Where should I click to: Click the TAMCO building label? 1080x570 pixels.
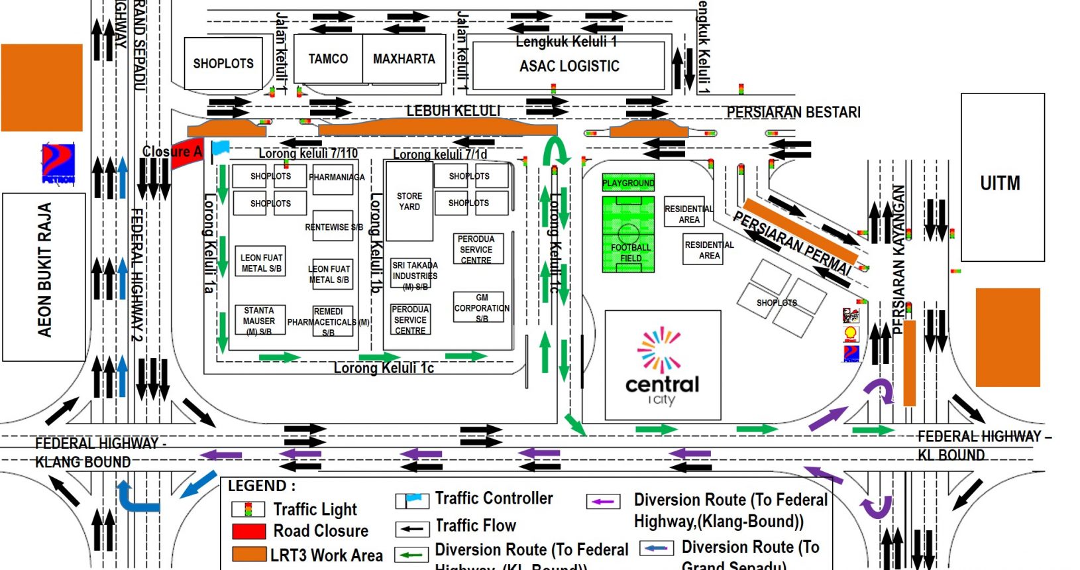tap(328, 59)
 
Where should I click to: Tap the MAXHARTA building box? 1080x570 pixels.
tap(404, 59)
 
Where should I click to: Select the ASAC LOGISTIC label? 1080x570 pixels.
tap(569, 66)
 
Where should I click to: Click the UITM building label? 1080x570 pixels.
tap(1000, 183)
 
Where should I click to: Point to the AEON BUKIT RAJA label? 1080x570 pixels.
tap(44, 270)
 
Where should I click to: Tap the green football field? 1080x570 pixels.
tap(628, 234)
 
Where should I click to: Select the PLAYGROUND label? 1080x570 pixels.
tap(628, 183)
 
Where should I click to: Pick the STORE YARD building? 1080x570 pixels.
tap(409, 201)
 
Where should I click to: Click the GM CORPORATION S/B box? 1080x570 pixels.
tap(482, 308)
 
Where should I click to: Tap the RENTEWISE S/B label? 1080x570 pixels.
tap(333, 227)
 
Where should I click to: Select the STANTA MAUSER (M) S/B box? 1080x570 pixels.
tap(259, 320)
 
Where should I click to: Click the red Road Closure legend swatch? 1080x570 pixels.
tap(249, 532)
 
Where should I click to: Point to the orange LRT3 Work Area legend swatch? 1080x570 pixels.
tap(249, 554)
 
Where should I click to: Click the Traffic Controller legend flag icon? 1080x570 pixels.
tap(412, 500)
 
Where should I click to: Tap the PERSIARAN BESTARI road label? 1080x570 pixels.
tap(793, 113)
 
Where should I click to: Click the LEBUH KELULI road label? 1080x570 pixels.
tap(453, 111)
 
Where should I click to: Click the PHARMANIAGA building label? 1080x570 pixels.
tap(337, 178)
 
